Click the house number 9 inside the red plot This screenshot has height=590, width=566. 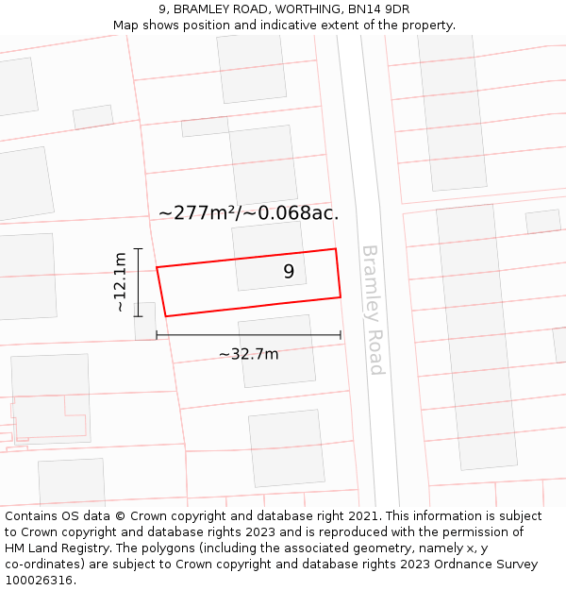pos(289,272)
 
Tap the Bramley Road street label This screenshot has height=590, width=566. pos(374,310)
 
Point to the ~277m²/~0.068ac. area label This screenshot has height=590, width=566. pos(248,212)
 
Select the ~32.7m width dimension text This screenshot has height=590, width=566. pos(248,354)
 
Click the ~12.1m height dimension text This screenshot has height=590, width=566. pos(120,282)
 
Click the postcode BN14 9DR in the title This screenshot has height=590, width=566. pos(378,9)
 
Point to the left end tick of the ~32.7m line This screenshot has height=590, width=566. pos(157,335)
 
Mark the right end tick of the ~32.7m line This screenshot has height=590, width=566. pos(341,335)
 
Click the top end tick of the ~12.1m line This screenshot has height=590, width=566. pos(138,248)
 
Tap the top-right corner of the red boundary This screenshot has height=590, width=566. pos(336,249)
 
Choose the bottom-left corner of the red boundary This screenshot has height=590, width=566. pos(165,316)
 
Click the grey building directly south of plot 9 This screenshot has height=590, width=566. pos(276,351)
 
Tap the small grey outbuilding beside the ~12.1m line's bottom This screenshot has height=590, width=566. pos(145,321)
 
